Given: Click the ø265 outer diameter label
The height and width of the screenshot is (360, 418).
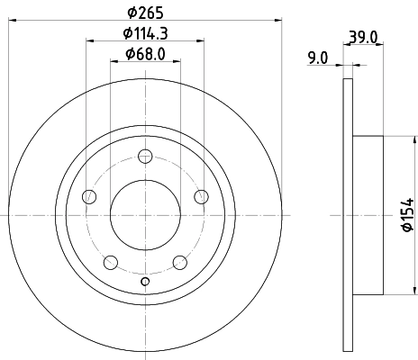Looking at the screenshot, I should coord(145,12).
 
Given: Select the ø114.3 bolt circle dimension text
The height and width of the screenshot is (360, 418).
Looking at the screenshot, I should coord(145,35).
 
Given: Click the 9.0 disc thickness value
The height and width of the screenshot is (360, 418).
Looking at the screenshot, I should coord(317,59).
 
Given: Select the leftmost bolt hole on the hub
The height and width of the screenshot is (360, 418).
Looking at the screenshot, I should coord(88,197).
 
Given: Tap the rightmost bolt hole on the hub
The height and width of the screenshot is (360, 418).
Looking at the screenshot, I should coord(202,197).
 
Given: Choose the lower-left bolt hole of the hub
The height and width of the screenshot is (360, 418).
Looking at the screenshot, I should coord(110,262).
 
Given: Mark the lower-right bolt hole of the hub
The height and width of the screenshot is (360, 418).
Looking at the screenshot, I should coord(180,262).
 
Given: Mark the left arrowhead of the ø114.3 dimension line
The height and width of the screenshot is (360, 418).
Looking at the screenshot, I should coord(91,41).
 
